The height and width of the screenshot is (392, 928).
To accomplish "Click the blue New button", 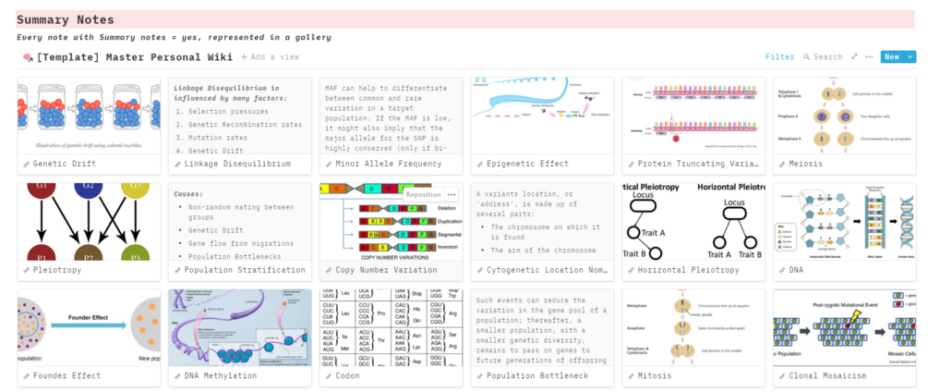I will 892,57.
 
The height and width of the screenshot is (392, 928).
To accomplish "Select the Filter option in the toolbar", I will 779,57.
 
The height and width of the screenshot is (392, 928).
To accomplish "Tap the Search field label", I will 826,57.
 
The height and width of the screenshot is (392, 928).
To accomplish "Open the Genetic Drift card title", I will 66,164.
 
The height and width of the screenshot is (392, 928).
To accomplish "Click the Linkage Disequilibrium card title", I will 237,164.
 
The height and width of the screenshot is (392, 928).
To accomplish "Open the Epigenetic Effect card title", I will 527,164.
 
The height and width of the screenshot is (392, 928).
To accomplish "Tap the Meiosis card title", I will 806,164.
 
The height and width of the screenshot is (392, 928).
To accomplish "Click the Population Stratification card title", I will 245,270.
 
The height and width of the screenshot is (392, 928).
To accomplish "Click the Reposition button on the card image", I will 423,195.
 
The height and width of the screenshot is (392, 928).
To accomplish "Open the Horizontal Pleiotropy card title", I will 688,270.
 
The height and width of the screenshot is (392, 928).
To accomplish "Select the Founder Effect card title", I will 68,376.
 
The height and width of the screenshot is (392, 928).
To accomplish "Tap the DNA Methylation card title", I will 221,376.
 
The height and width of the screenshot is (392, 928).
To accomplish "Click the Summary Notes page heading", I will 66,19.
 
